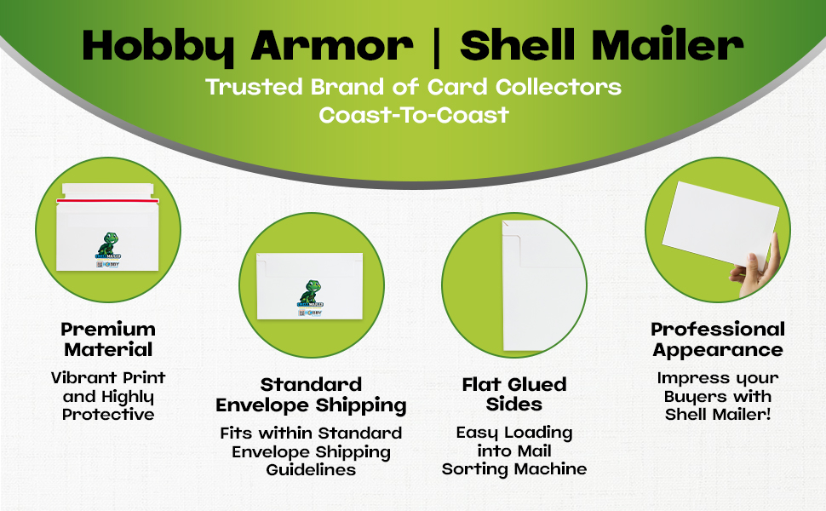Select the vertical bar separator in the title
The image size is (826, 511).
[438, 45]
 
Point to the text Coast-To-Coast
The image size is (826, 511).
[413, 114]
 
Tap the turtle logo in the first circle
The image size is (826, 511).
[108, 245]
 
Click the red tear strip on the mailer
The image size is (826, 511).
[107, 200]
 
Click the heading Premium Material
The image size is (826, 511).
[108, 339]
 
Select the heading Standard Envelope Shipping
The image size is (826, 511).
[311, 394]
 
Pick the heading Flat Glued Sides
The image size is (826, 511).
[514, 394]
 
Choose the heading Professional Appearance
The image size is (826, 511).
[718, 339]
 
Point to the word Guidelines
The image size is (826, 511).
[311, 469]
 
